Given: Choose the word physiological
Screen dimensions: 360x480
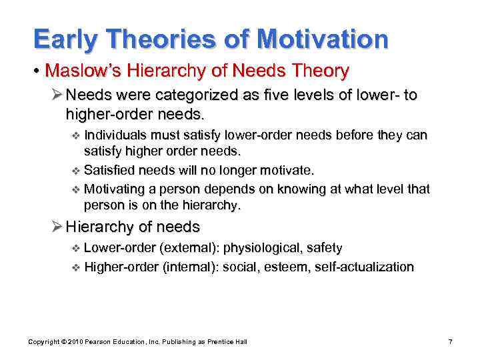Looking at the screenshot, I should (x=262, y=249).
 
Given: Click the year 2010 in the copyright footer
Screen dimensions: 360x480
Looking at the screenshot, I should (x=71, y=342).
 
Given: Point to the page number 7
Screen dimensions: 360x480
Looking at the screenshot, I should (x=451, y=342).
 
